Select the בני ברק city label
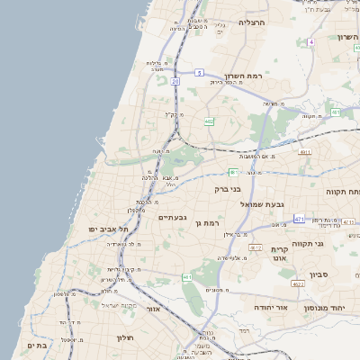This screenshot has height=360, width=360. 229,189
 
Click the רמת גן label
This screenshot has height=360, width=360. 207,222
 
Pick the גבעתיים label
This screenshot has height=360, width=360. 172,217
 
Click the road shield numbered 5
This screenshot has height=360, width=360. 198,72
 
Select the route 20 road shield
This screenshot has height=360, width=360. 175,81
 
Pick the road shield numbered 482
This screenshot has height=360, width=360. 209,121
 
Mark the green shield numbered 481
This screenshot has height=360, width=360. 232,172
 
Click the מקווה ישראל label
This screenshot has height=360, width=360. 117,306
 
